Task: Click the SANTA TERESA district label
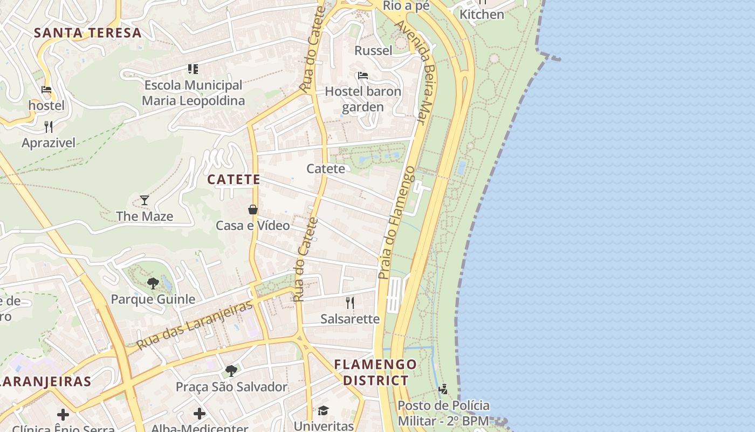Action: pyautogui.click(x=88, y=32)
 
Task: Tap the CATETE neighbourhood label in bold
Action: pyautogui.click(x=234, y=179)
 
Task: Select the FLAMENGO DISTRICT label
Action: pyautogui.click(x=376, y=372)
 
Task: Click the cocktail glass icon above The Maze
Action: pyautogui.click(x=145, y=200)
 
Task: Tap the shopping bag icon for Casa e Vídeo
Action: pyautogui.click(x=252, y=210)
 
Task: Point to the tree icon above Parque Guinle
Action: pyautogui.click(x=153, y=282)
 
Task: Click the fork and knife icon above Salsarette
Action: pyautogui.click(x=350, y=302)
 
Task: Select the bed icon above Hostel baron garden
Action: pyautogui.click(x=363, y=75)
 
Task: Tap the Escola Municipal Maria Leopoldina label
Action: pyautogui.click(x=193, y=93)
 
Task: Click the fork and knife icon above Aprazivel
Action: pyautogui.click(x=49, y=127)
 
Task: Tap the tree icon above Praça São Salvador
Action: pyautogui.click(x=231, y=370)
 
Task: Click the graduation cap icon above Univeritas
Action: pyautogui.click(x=323, y=410)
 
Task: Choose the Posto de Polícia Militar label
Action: pyautogui.click(x=443, y=413)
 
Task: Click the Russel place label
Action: pyautogui.click(x=373, y=51)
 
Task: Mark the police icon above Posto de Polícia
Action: pyautogui.click(x=443, y=389)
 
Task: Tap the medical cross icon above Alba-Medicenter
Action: pyautogui.click(x=200, y=414)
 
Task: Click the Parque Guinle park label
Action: pyautogui.click(x=153, y=299)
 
